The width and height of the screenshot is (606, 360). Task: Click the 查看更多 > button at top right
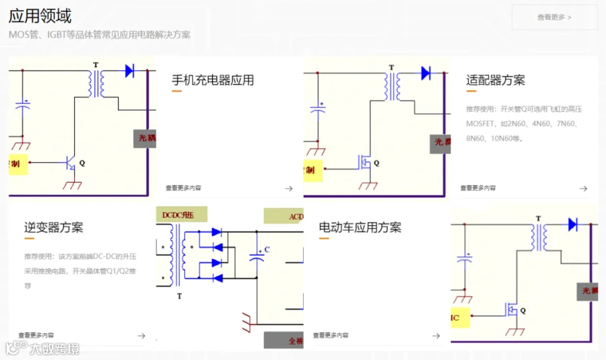[554, 17]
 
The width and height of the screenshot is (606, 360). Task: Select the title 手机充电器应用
[213, 81]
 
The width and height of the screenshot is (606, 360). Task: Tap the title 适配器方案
[496, 81]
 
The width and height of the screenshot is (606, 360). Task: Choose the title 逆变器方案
[54, 227]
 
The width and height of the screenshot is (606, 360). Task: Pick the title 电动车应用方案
[360, 227]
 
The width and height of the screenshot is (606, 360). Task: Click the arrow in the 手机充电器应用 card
[288, 188]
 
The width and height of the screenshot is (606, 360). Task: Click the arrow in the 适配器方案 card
[583, 188]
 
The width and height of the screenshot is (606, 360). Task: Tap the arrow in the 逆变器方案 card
[141, 336]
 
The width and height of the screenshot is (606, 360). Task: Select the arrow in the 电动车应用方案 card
[436, 336]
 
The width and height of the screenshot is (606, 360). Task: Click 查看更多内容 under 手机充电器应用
[184, 188]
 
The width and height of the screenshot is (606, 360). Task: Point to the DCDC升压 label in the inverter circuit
[178, 215]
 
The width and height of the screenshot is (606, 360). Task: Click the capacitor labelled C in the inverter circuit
[257, 256]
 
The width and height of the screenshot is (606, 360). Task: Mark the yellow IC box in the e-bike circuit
[459, 317]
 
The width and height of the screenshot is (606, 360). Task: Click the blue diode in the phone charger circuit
[130, 70]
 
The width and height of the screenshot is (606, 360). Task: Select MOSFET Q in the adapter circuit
[364, 162]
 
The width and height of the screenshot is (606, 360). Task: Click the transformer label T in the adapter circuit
[391, 67]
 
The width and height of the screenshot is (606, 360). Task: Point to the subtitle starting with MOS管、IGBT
[100, 35]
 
